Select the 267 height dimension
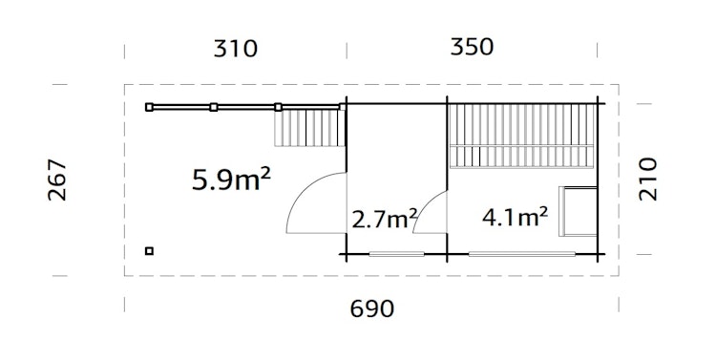coord(56,180)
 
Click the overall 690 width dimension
coord(372,308)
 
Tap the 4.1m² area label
coord(515,217)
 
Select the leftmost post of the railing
coord(148,107)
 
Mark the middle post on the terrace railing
coord(214,107)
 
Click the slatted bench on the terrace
coord(308,127)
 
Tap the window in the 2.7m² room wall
coord(396,253)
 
